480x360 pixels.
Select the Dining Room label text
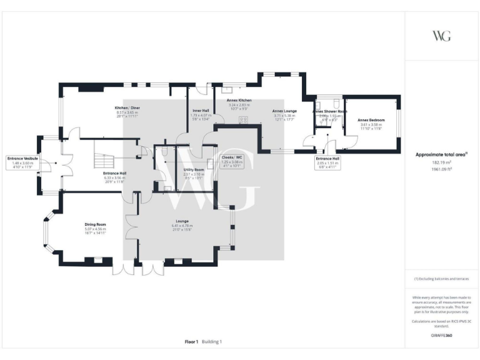pyautogui.click(x=96, y=224)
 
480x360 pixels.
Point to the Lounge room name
pyautogui.click(x=182, y=221)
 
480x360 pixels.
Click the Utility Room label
pyautogui.click(x=194, y=169)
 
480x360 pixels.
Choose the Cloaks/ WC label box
pyautogui.click(x=231, y=157)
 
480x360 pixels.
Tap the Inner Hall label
pyautogui.click(x=200, y=111)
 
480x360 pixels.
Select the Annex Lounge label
pyautogui.click(x=284, y=111)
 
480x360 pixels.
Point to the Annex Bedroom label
pyautogui.click(x=371, y=119)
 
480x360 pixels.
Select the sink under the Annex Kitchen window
pyautogui.click(x=225, y=89)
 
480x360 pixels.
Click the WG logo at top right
pyautogui.click(x=442, y=35)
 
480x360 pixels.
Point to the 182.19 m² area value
pyautogui.click(x=442, y=161)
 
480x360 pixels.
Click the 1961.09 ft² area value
pyautogui.click(x=442, y=167)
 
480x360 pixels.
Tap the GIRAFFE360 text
pyautogui.click(x=442, y=335)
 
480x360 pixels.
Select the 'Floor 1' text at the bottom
pyautogui.click(x=191, y=342)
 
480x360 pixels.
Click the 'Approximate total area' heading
pyautogui.click(x=441, y=154)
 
